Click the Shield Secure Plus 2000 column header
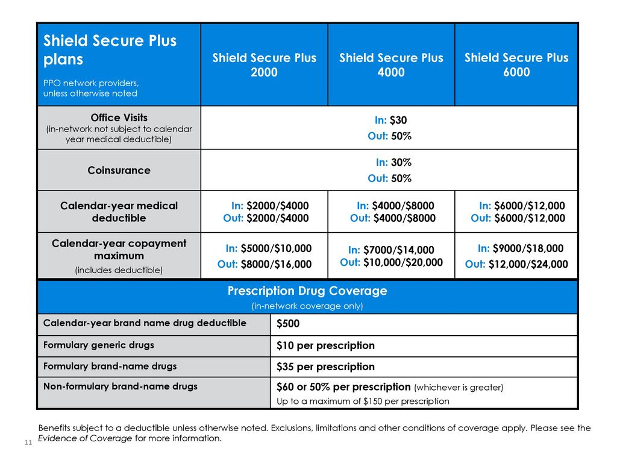[x=265, y=65]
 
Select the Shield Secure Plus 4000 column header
[x=391, y=65]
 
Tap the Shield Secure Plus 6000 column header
[x=516, y=65]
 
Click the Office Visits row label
[x=119, y=118]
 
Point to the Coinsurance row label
[x=119, y=171]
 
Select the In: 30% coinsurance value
[x=393, y=162]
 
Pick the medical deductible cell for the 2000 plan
[x=265, y=212]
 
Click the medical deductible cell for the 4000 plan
[x=391, y=212]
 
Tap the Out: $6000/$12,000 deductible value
[x=518, y=218]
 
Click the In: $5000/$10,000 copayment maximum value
[x=268, y=248]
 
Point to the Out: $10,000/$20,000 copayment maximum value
[x=391, y=262]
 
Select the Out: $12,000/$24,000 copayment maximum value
[x=516, y=264]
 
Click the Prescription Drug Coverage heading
[x=307, y=291]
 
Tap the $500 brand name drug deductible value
[x=288, y=324]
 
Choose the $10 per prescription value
[x=325, y=345]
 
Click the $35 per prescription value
[x=325, y=367]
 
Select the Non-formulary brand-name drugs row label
[x=121, y=386]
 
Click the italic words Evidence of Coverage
[x=85, y=438]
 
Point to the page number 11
[x=28, y=442]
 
